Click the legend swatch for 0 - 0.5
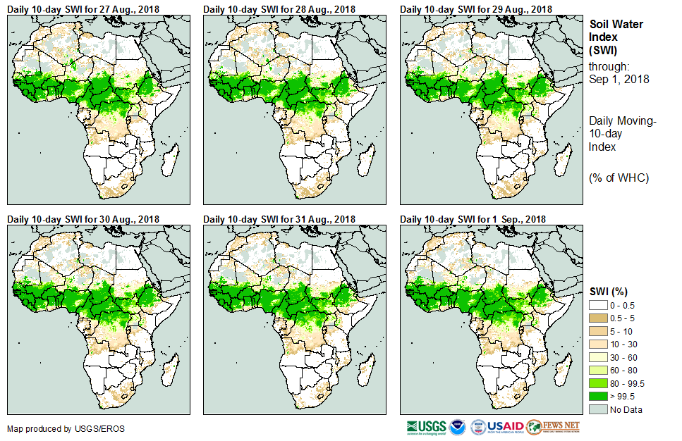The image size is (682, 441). tap(599, 304)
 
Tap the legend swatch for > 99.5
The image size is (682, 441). tap(599, 397)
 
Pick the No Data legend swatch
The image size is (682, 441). tap(599, 410)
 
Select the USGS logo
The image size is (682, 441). tap(426, 427)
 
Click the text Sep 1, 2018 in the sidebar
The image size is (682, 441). tap(619, 79)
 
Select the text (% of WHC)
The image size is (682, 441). tap(619, 178)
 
